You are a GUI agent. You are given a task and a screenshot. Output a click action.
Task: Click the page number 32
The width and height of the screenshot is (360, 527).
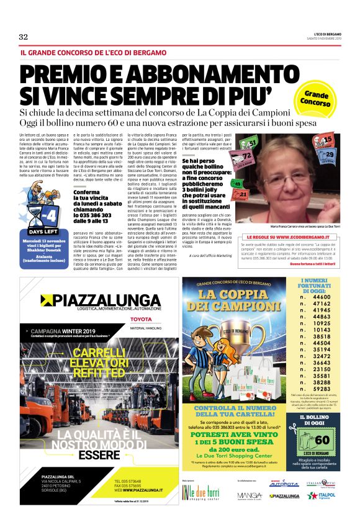[24, 37]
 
